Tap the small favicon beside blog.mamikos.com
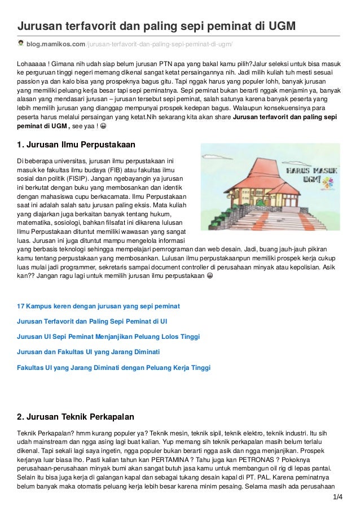21,43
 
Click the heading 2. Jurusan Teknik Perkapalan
76,417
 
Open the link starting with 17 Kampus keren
98,306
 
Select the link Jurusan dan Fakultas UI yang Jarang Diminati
89,352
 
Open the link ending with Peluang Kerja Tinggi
113,367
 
